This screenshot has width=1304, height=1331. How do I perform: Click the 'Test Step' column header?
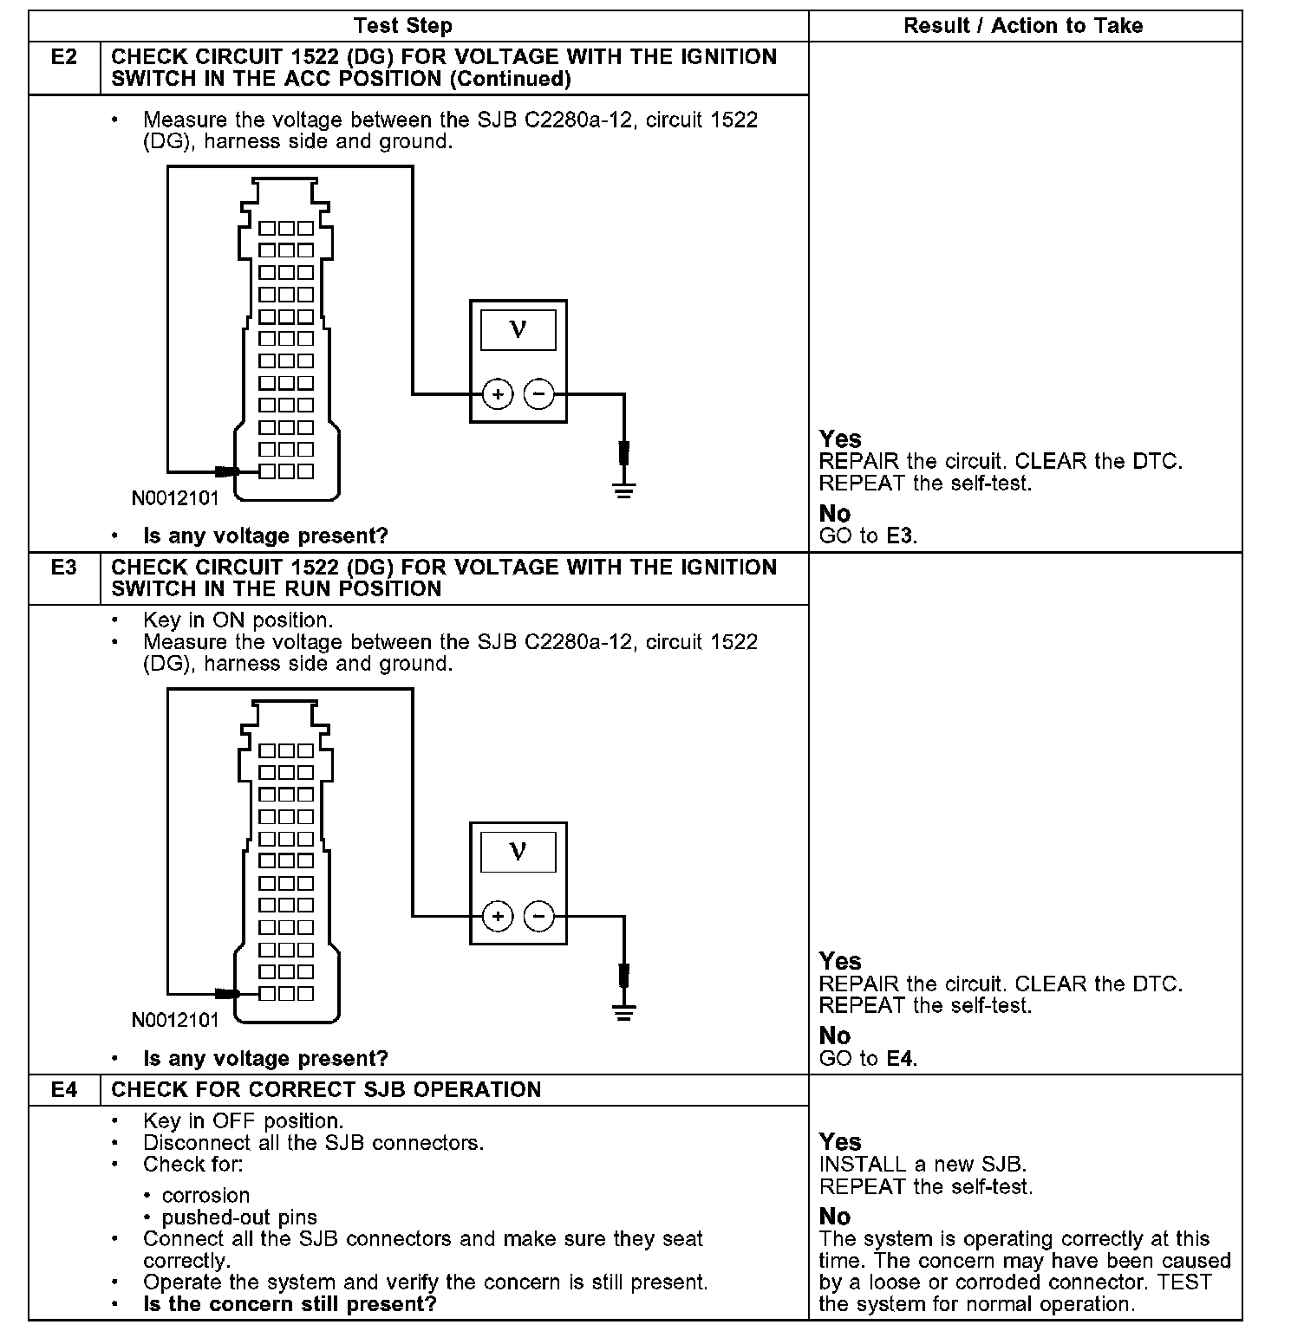point(403,26)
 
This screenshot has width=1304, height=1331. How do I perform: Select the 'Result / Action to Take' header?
point(1023,26)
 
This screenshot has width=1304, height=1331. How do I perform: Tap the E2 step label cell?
point(64,58)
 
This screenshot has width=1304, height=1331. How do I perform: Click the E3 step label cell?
point(64,568)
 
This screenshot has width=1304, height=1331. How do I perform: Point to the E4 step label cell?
point(64,1090)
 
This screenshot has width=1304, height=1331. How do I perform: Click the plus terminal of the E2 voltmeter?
point(498,394)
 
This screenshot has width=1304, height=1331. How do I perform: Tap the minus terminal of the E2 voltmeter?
point(539,394)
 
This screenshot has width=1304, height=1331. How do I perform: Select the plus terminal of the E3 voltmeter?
point(498,916)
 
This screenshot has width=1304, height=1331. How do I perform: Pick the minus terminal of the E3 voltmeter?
point(539,916)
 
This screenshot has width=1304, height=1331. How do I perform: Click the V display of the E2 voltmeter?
point(518,329)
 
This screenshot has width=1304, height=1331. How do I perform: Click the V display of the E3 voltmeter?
point(518,851)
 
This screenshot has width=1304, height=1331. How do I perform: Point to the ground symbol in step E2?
point(624,490)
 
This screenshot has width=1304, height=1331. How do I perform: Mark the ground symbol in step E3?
point(624,1012)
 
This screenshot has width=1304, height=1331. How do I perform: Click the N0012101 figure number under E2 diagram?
point(175,498)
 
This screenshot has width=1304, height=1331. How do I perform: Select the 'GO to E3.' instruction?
point(868,536)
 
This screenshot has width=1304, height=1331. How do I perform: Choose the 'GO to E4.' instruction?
point(868,1058)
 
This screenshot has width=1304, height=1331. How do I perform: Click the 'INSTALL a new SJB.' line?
point(923,1165)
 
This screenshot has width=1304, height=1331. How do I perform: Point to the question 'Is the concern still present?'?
point(290,1304)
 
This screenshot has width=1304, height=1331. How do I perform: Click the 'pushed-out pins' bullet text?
point(240,1217)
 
